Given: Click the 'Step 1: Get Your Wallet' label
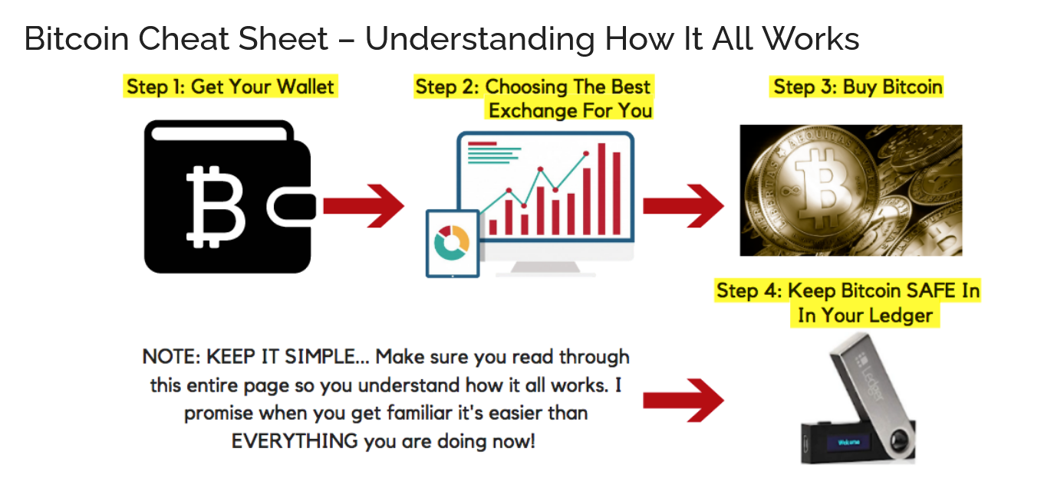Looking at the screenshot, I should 230,87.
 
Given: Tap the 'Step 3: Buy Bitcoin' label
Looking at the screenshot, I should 857,87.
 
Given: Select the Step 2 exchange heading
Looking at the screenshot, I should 533,98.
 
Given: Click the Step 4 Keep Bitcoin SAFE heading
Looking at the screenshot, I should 848,303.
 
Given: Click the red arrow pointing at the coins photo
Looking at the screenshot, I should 682,206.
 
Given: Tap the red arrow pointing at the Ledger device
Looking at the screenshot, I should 682,401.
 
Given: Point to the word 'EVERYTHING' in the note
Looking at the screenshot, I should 295,441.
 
